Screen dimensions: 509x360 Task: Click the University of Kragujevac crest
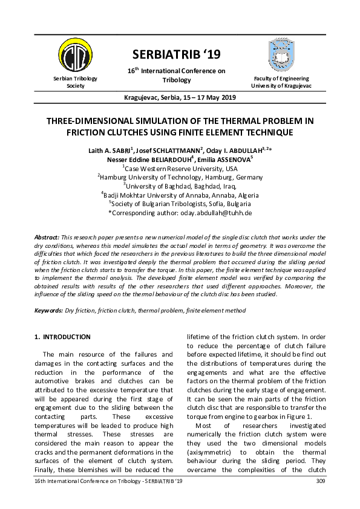(x=283, y=55)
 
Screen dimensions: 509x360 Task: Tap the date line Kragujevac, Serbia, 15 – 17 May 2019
(x=180, y=97)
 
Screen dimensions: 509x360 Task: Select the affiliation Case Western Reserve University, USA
(x=181, y=168)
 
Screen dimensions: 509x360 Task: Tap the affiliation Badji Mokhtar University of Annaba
(x=173, y=195)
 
